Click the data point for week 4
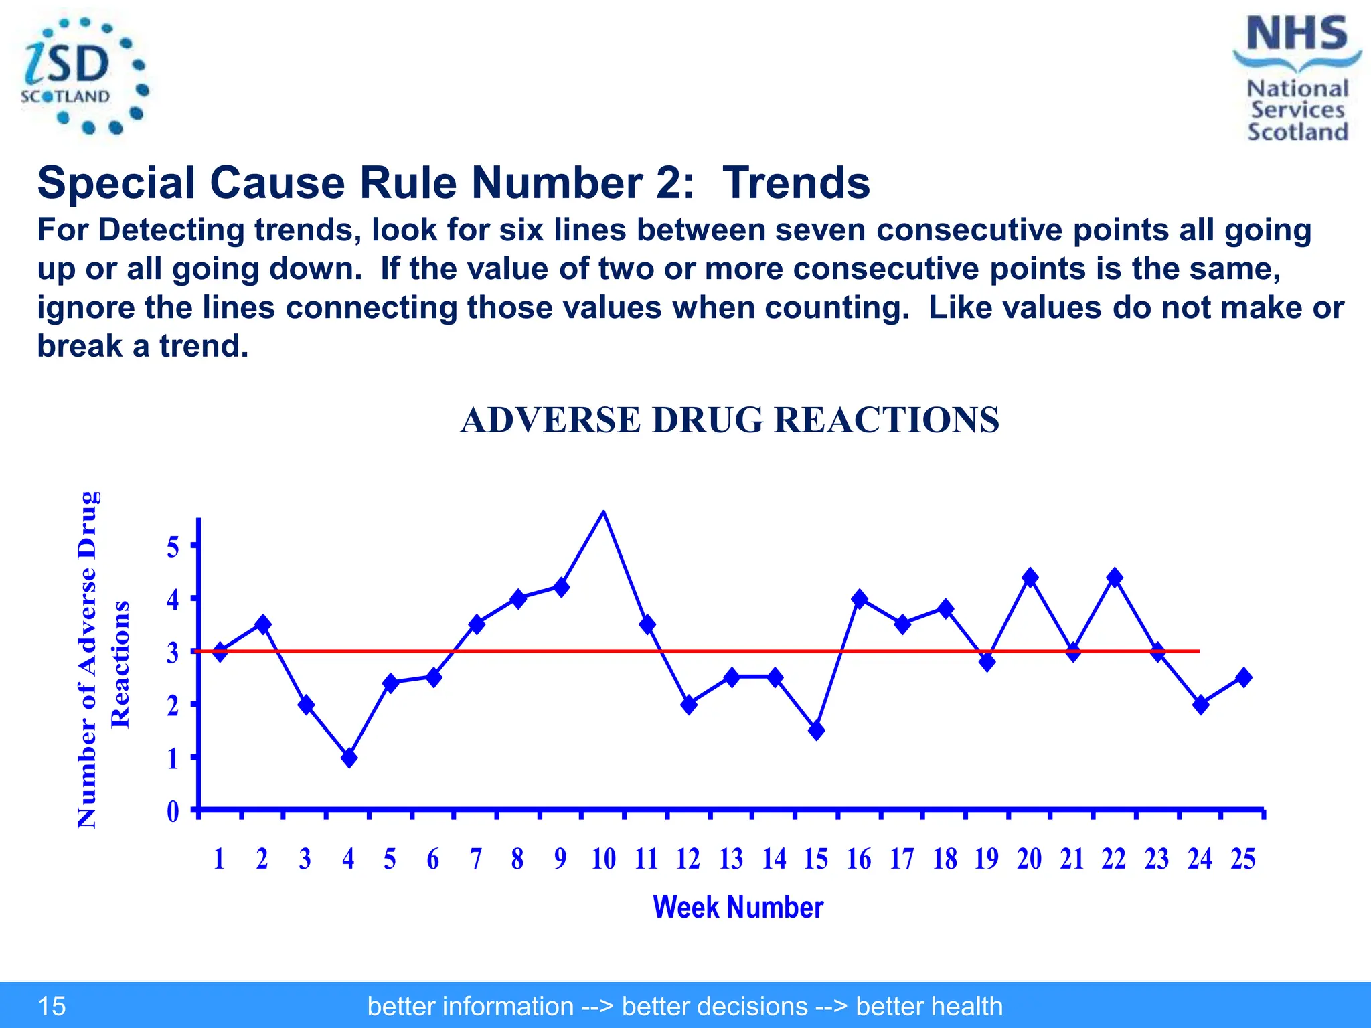[349, 758]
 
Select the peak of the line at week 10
[603, 512]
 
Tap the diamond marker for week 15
[816, 730]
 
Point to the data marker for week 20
[1030, 577]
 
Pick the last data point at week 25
[1244, 677]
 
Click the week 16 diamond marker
[860, 598]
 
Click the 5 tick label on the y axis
[173, 547]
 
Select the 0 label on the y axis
[173, 812]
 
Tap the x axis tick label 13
[731, 859]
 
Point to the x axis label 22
[1114, 859]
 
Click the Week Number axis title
[738, 908]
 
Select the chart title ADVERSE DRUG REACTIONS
[730, 420]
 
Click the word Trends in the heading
[796, 183]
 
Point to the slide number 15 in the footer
[52, 1006]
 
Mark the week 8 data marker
[517, 598]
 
